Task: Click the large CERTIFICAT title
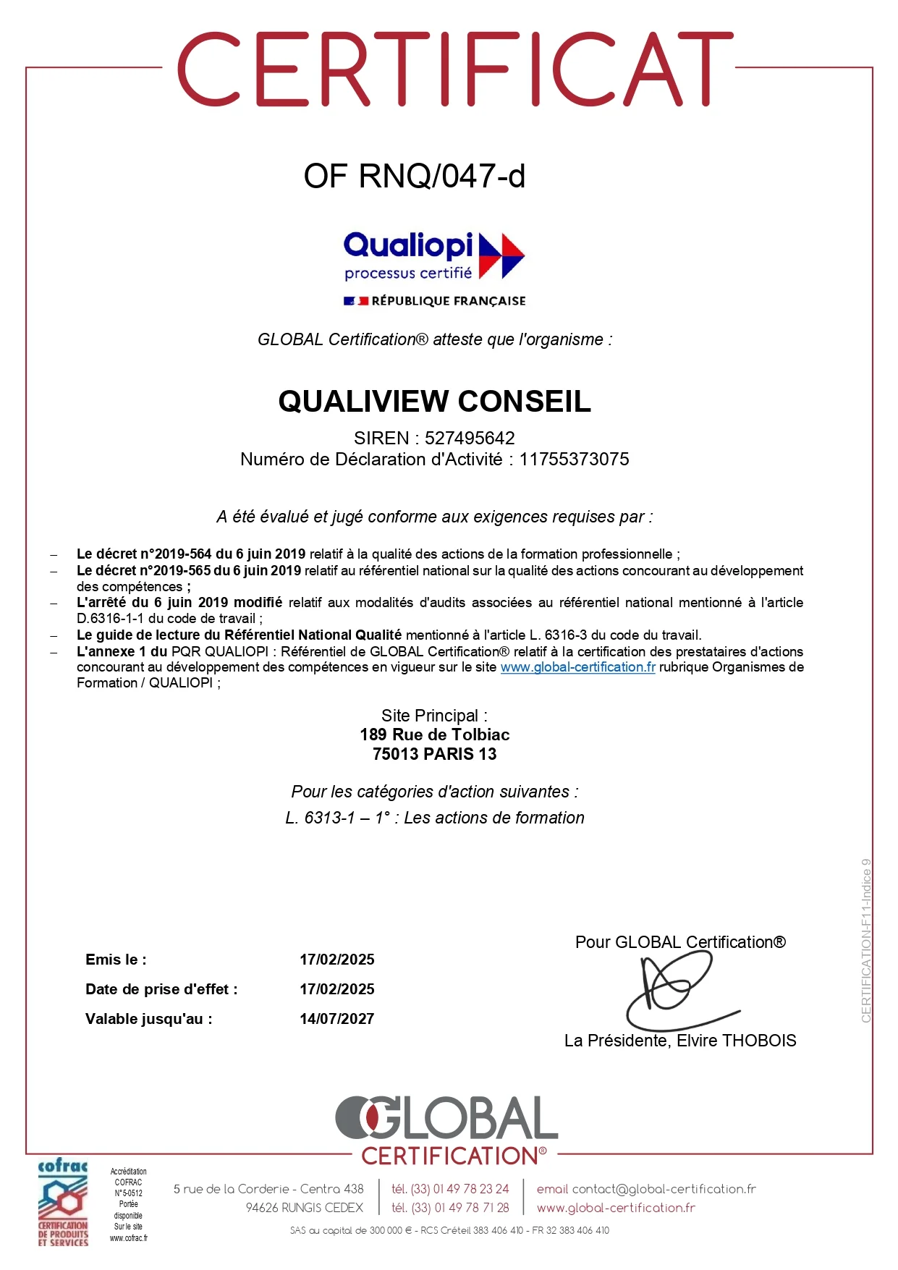point(455,69)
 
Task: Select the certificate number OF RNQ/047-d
point(414,176)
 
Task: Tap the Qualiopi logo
point(433,255)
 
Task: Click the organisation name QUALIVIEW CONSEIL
point(434,401)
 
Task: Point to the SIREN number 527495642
point(470,438)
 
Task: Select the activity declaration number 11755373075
point(574,459)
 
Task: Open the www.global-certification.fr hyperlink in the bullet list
point(577,667)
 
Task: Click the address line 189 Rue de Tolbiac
point(434,735)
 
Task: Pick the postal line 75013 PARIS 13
point(434,754)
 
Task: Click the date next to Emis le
point(337,960)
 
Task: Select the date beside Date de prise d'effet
point(337,989)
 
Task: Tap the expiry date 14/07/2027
point(337,1019)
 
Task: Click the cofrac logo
point(63,1205)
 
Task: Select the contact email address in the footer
point(664,1189)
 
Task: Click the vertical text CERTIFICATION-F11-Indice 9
point(866,941)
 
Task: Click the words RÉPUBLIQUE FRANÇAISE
point(448,301)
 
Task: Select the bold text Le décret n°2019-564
point(144,554)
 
